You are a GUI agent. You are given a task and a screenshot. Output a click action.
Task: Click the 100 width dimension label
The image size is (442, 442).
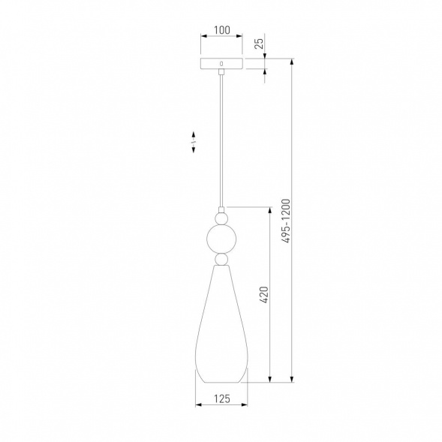(222, 30)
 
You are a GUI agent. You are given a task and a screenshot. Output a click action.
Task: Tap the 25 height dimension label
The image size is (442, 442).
(259, 43)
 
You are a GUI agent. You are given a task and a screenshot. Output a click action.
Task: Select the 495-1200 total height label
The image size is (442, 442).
(286, 221)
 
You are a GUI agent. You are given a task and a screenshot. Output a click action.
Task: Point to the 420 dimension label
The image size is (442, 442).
(264, 295)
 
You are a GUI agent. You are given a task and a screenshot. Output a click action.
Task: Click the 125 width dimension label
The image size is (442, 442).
(222, 399)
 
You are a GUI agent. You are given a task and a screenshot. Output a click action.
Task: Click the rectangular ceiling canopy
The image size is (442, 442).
(221, 64)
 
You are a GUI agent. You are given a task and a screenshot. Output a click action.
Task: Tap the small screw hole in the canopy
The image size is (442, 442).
(221, 64)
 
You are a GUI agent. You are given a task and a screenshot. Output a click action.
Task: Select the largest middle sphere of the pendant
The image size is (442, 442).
(221, 239)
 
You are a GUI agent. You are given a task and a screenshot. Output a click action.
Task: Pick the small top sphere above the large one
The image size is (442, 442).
(221, 218)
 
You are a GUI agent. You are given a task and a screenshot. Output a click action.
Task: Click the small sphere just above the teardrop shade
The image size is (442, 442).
(221, 259)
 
